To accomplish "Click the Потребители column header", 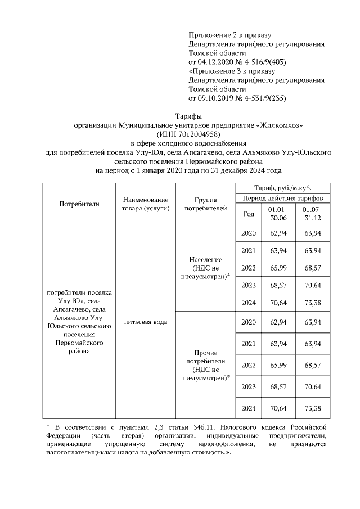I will point(79,204).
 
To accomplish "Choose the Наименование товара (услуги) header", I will point(145,204).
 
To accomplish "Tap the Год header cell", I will point(248,214).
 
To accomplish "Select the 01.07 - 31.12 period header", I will point(313,214).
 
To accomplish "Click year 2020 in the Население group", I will point(248,233).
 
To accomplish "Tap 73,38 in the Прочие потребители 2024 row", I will point(313,408).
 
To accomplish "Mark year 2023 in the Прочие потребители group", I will point(248,386).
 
